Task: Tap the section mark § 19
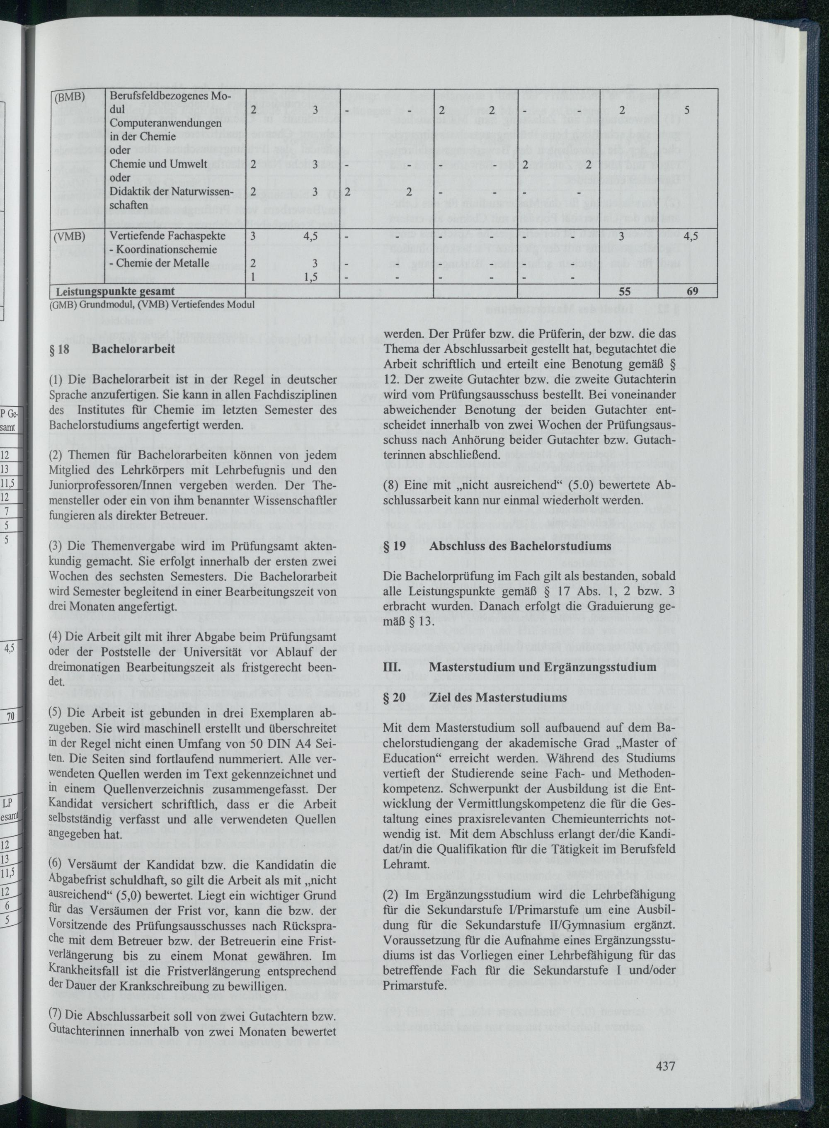[x=395, y=546]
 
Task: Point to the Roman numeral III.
[x=391, y=667]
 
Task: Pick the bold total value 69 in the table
[x=693, y=291]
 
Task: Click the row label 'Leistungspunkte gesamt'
[x=115, y=291]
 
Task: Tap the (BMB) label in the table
[x=68, y=98]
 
